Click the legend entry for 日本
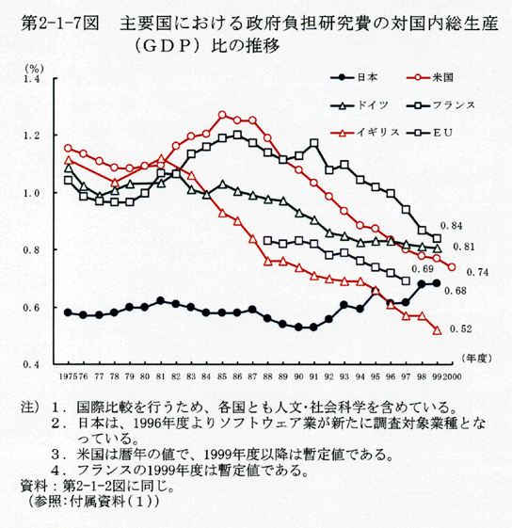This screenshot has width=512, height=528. point(354,77)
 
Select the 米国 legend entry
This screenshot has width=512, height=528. point(430,77)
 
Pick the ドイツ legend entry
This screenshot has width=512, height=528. point(360,105)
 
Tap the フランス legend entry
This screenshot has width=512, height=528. point(440,105)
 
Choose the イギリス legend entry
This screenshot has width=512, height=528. point(365,133)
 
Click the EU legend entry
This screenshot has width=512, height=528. point(429,133)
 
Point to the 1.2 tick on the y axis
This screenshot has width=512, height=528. point(31,136)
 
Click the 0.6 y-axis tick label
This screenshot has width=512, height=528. point(31,308)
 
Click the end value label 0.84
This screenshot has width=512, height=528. point(452,226)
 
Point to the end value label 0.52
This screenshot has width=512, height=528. point(461,328)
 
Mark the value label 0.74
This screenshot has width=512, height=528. point(477,272)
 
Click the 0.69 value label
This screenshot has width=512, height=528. point(423,269)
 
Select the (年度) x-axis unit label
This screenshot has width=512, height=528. point(477,358)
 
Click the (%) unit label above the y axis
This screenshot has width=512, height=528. point(34,69)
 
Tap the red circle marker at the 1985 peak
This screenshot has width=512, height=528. point(222,115)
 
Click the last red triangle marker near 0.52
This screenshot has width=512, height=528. point(438,330)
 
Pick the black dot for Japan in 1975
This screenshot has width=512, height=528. point(68,312)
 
